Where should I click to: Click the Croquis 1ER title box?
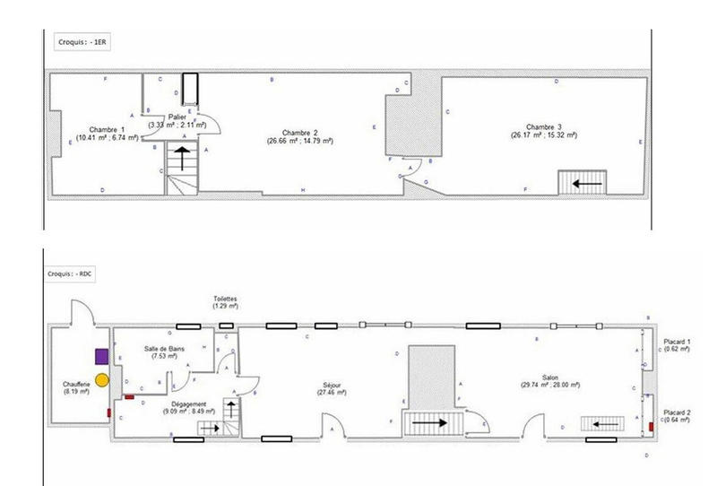point(75,42)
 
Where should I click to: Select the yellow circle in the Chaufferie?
point(102,380)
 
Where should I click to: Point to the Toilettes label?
point(226,302)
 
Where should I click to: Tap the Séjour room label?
point(332,387)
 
